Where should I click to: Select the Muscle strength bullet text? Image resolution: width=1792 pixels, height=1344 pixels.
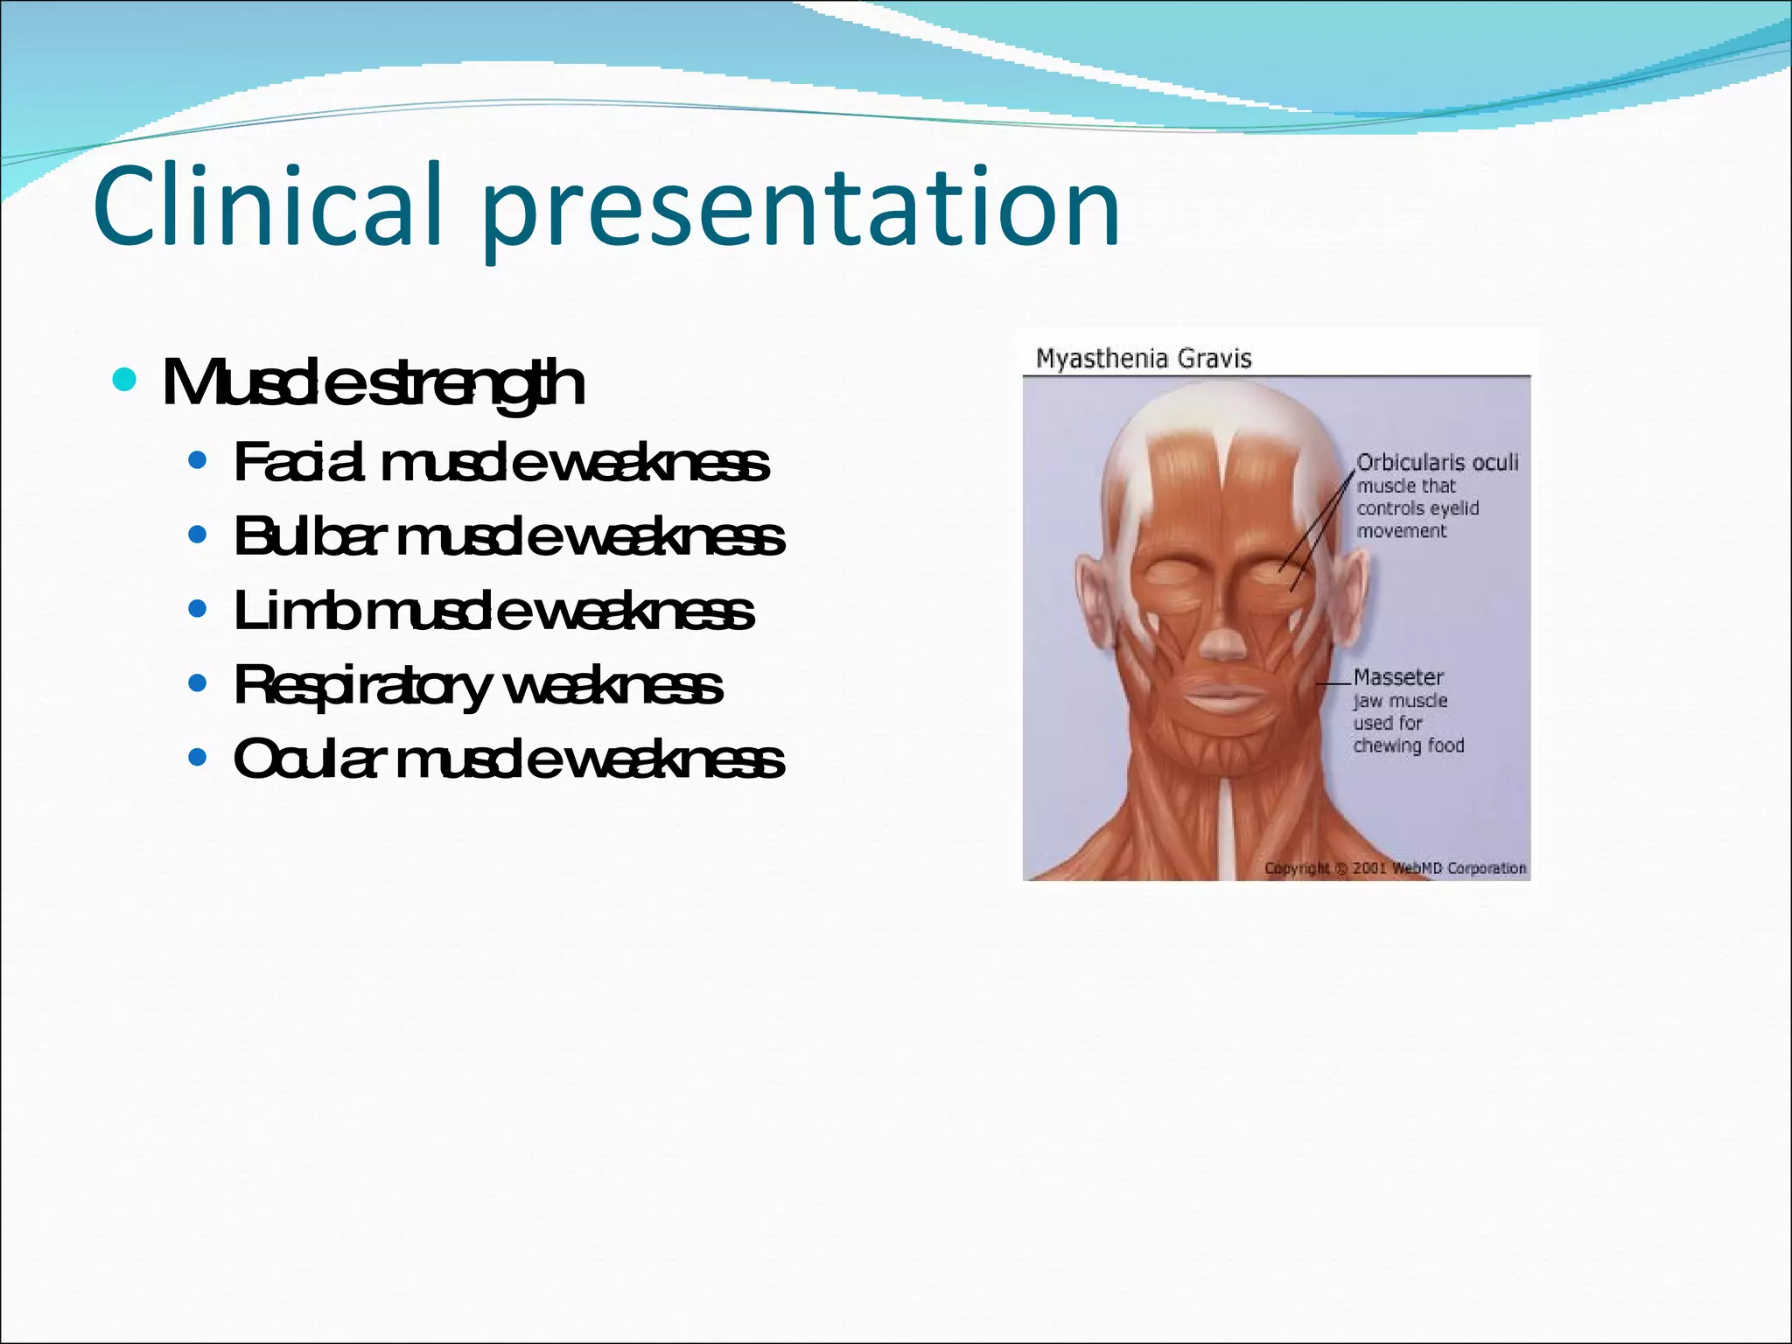pos(374,382)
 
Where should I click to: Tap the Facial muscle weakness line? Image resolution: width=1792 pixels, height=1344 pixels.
pos(501,462)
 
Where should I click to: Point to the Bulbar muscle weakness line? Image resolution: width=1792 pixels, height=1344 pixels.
pos(509,536)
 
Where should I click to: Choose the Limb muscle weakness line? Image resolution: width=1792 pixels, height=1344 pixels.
pos(493,611)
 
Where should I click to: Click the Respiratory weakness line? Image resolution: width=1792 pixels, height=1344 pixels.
pos(478,685)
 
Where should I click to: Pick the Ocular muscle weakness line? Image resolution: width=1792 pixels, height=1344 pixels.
pos(509,759)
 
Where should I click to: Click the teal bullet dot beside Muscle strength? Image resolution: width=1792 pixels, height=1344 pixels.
pos(125,381)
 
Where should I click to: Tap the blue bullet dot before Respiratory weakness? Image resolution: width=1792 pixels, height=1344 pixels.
pos(198,682)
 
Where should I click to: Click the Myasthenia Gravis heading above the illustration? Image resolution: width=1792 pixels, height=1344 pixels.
pos(1144,359)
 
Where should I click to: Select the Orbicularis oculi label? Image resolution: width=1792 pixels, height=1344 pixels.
pos(1438,462)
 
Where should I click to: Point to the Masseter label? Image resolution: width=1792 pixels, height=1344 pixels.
pos(1398,677)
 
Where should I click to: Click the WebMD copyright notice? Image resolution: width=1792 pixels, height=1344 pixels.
pos(1395,868)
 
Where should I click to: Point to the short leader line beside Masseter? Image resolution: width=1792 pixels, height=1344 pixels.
pos(1334,682)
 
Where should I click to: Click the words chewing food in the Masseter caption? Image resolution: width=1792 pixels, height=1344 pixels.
pos(1409,745)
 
